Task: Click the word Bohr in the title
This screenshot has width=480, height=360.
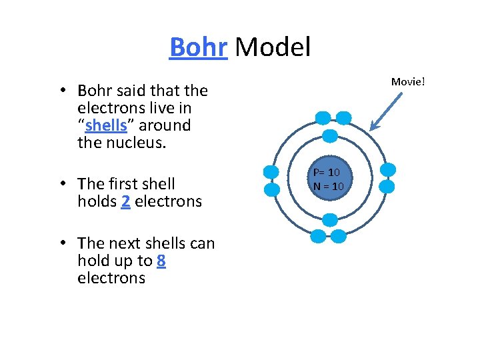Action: (x=199, y=47)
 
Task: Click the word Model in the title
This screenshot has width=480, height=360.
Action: (x=273, y=47)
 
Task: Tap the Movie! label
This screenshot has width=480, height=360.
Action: (x=408, y=81)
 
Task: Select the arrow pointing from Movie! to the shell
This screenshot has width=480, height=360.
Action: (x=386, y=111)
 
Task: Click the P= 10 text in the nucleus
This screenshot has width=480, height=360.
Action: (x=327, y=173)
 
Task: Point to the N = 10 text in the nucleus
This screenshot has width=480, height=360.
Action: (x=329, y=186)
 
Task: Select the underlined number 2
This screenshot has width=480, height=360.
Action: (x=126, y=201)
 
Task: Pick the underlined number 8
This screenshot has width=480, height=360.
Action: (x=161, y=261)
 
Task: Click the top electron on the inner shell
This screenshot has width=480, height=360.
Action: (x=329, y=136)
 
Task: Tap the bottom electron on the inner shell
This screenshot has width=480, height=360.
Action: (x=329, y=220)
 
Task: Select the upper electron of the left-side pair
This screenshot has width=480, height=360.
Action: (x=271, y=171)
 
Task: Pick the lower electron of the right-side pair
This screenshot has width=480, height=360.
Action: (x=387, y=187)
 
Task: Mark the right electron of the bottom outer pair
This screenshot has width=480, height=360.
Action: (x=339, y=236)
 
